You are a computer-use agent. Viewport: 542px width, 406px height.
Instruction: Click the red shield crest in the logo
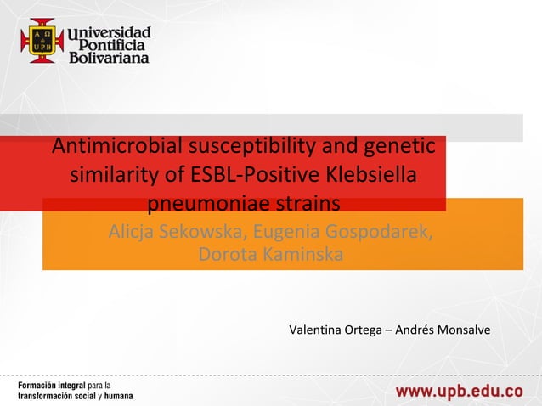pyautogui.click(x=42, y=41)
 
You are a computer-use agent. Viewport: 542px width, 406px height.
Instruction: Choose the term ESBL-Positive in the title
pyautogui.click(x=241, y=176)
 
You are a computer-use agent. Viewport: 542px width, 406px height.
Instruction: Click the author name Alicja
pyautogui.click(x=135, y=232)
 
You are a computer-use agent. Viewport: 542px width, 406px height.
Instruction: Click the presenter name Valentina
pyautogui.click(x=316, y=329)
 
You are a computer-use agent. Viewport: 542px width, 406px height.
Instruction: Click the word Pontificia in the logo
pyautogui.click(x=114, y=45)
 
